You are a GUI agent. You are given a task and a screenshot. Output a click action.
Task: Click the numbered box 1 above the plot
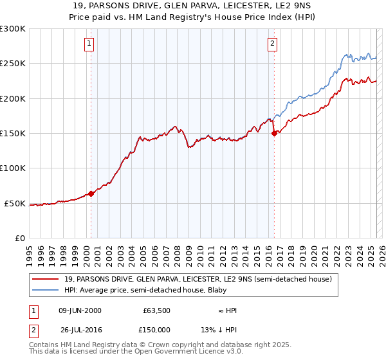89,44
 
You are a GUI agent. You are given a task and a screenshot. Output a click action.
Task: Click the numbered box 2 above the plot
273,44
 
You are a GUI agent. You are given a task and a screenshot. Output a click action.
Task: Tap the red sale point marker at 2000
91,193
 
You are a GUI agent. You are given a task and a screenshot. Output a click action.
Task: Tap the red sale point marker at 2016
275,133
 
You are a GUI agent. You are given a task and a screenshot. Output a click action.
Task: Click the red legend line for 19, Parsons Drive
46,279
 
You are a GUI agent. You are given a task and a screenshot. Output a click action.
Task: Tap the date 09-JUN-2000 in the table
80,310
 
